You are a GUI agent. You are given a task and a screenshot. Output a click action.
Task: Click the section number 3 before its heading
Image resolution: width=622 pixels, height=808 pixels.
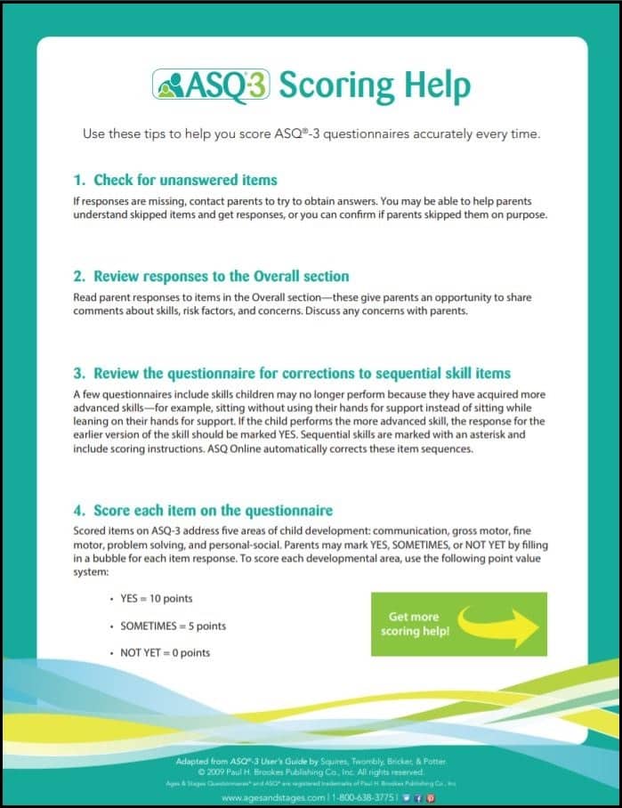(78, 372)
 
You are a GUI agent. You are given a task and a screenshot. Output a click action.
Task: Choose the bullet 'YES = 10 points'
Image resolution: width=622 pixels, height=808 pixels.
(157, 599)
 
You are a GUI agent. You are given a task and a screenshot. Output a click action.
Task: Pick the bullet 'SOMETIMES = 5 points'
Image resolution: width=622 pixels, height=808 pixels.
(173, 626)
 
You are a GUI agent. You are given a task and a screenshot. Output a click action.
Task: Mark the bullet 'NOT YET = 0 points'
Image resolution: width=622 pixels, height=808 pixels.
(165, 652)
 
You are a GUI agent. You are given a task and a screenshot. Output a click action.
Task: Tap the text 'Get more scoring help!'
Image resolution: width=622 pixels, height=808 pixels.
(415, 624)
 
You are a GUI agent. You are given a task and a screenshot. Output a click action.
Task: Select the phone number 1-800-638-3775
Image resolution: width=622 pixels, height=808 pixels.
(363, 798)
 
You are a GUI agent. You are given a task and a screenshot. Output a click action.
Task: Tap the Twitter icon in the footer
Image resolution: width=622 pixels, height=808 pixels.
(406, 798)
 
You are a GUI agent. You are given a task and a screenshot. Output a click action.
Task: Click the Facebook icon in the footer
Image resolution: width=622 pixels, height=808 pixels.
(417, 798)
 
